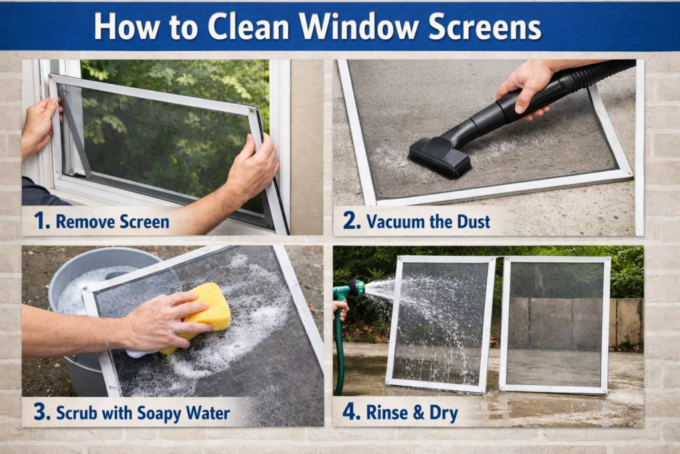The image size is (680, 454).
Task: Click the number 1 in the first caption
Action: pos(41,221)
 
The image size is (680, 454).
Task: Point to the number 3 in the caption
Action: pos(41,412)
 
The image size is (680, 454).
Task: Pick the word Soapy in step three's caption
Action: pos(158,413)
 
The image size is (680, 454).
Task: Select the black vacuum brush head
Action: pos(439,158)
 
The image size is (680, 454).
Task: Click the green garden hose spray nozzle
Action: pos(353,289)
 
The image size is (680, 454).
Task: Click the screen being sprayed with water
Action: pos(441,322)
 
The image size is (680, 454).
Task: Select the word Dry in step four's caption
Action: pos(446,412)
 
